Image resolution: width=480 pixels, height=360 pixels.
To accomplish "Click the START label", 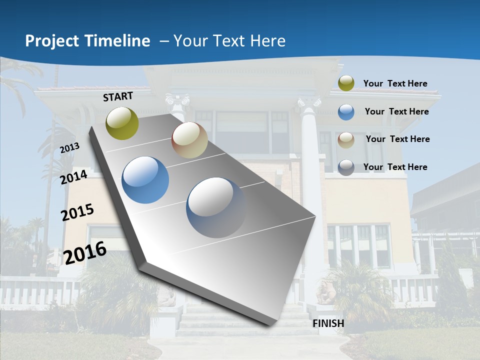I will coord(118,96).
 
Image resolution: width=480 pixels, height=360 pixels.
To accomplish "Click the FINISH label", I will coord(328,323).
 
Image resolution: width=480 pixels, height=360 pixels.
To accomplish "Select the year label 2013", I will coord(70,148).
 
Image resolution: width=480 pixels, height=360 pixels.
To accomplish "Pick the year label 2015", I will coord(77,212).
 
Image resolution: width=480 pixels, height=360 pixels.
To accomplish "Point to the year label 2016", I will coord(85,252).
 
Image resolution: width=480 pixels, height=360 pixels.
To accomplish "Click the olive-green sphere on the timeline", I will coord(122,123).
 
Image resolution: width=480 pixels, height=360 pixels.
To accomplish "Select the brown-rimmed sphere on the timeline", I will coord(189,140).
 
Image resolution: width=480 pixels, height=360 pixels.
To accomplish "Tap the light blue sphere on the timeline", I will coord(145,180).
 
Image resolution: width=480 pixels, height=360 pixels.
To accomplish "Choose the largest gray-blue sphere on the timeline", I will coord(216,207).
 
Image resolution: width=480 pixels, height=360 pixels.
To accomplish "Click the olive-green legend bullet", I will coord(346,83).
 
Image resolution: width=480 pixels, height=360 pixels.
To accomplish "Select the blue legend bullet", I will coord(346,111).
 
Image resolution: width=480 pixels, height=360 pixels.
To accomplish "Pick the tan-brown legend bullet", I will coord(346,139).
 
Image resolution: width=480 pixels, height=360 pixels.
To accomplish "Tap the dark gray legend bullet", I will coord(346,167).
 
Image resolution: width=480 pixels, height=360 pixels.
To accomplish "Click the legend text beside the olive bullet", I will coord(395,83).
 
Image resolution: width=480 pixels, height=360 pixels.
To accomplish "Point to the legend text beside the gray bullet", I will coord(395,167).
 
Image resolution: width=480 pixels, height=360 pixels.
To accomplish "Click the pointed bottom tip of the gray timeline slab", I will coord(270,325).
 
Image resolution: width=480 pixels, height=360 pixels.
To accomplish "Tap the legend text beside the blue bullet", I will coord(396,111).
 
